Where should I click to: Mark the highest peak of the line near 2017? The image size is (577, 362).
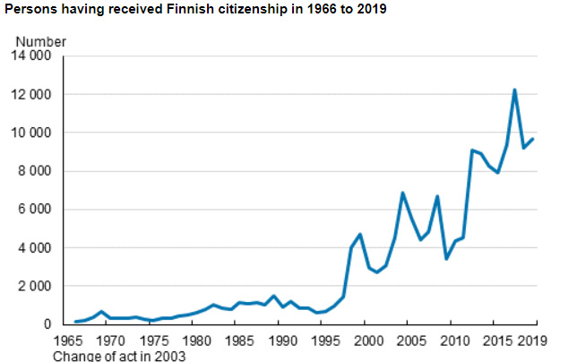point(515,90)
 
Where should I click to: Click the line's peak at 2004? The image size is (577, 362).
point(403,193)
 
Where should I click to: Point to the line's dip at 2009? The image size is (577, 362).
point(446,258)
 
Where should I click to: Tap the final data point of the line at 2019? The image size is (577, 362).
point(532,139)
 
